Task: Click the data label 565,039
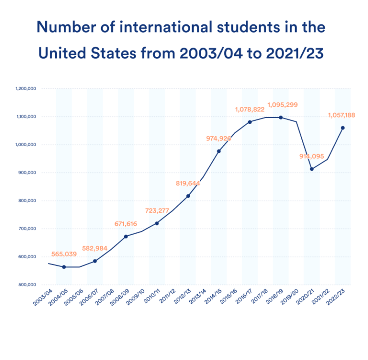pyautogui.click(x=64, y=254)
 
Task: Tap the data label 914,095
pyautogui.click(x=311, y=156)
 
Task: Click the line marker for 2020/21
pyautogui.click(x=312, y=169)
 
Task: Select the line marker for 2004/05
pyautogui.click(x=64, y=267)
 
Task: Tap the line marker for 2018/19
pyautogui.click(x=281, y=118)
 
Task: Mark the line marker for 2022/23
pyautogui.click(x=343, y=128)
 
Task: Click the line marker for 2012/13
pyautogui.click(x=188, y=196)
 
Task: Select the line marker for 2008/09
pyautogui.click(x=126, y=236)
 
